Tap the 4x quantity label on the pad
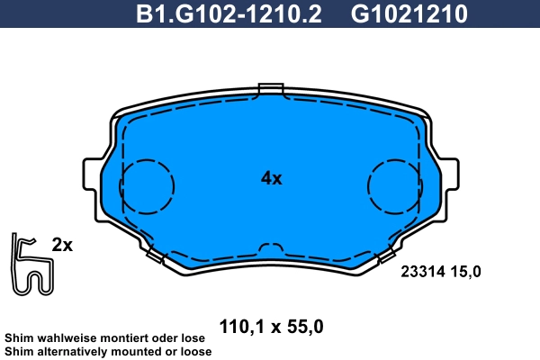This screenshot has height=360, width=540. [271, 178]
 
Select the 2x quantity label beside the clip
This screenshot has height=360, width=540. [62, 245]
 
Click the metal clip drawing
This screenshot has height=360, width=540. [31, 265]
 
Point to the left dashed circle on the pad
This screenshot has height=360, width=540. [146, 187]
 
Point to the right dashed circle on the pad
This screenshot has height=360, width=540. [394, 187]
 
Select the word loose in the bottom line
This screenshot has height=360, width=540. [193, 351]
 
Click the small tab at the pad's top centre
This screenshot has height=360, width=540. [270, 89]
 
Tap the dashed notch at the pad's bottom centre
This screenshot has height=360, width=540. [270, 248]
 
